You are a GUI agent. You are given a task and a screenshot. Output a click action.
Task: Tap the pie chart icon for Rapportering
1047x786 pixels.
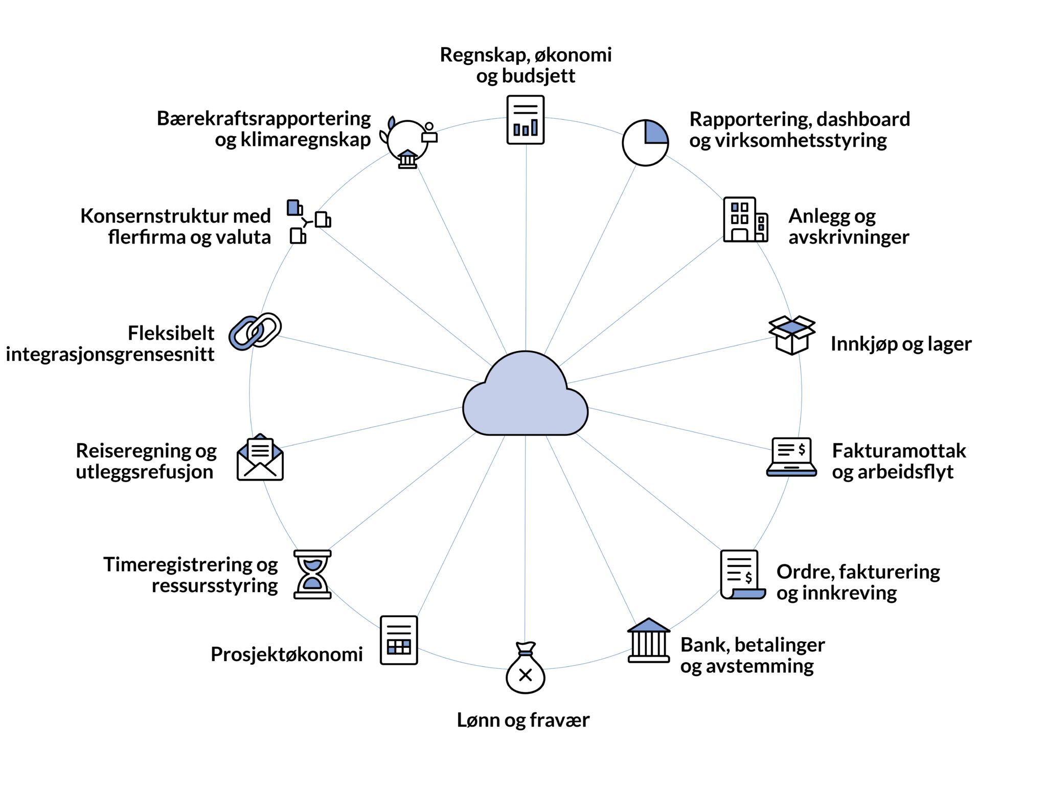tap(645, 143)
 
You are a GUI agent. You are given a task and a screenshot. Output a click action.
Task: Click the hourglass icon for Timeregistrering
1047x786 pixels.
tap(312, 574)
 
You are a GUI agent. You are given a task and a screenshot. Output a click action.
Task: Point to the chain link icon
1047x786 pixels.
tap(255, 332)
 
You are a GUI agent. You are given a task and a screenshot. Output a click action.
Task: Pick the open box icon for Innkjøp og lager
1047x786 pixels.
tap(792, 335)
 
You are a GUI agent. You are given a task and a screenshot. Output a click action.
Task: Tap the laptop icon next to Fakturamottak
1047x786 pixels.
tap(791, 457)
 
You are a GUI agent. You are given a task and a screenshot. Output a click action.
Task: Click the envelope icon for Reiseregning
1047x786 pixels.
tap(260, 458)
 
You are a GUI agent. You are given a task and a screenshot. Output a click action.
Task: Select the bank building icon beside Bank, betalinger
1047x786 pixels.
tap(649, 641)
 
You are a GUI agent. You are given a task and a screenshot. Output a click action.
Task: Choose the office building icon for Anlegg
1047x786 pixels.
tap(745, 220)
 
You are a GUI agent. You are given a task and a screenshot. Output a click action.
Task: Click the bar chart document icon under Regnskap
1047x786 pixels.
tap(526, 120)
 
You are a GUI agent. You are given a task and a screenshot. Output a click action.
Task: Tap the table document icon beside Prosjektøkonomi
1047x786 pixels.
tap(399, 640)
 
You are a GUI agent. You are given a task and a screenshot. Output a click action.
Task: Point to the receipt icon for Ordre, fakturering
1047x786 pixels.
tap(742, 575)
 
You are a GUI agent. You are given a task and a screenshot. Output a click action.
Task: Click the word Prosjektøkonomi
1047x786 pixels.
tap(287, 654)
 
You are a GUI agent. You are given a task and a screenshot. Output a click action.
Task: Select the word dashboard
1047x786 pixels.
tap(863, 119)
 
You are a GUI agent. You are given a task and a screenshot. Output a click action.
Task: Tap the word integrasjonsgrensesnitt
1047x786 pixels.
tap(110, 354)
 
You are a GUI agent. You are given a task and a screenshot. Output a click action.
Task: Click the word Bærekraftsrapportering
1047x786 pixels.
tap(264, 118)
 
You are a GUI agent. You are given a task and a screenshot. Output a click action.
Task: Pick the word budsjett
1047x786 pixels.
tap(538, 76)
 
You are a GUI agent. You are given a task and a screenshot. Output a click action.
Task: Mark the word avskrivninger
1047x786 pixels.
tap(849, 237)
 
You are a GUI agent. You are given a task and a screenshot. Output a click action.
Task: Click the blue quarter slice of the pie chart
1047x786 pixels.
tap(655, 133)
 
